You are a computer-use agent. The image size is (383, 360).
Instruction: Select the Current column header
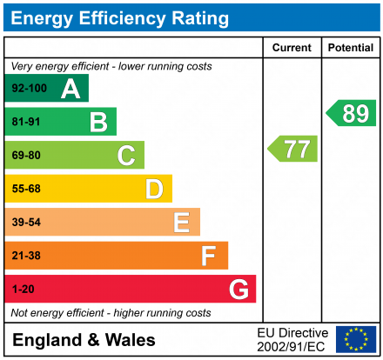292,48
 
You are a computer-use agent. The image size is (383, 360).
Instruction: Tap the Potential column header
351,48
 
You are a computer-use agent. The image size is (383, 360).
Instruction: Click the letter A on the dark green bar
70,89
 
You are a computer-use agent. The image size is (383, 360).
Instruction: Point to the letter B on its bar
97,122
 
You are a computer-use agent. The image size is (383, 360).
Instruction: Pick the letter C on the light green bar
126,156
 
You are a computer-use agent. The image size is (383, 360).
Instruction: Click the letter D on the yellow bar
154,189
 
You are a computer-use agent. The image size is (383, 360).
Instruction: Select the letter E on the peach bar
181,223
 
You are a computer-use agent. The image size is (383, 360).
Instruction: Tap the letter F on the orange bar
209,256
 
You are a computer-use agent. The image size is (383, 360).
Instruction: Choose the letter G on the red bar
238,289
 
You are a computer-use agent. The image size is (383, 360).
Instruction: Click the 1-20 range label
22,289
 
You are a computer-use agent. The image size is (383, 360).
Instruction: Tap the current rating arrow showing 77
293,149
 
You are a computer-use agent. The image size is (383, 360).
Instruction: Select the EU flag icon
356,339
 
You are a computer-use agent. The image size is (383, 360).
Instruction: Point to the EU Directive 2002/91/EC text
292,339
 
